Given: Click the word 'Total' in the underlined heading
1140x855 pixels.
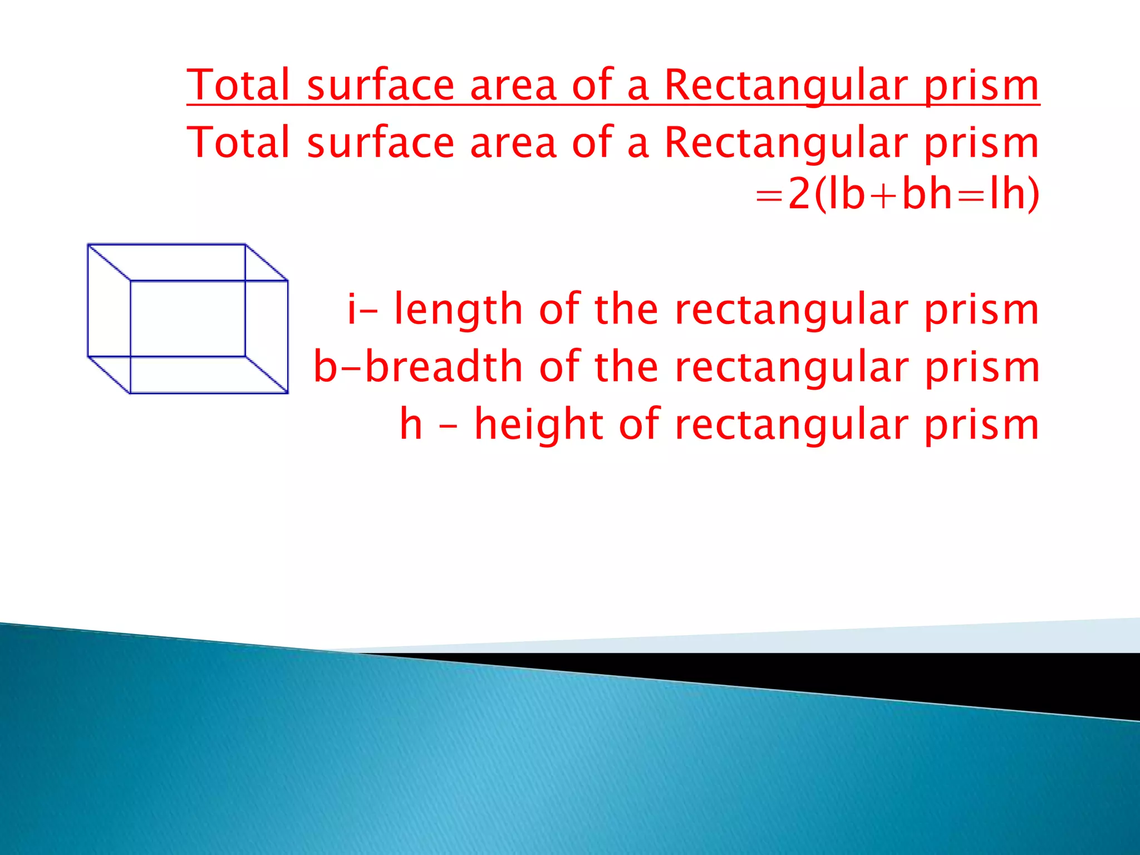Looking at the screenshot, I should (x=238, y=85).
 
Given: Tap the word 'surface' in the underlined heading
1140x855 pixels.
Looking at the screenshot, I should (x=381, y=85).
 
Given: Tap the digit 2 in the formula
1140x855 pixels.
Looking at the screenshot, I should (x=799, y=194).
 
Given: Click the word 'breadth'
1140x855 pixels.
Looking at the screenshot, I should (x=444, y=367).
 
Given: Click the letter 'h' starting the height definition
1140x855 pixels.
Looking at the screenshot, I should (x=411, y=424).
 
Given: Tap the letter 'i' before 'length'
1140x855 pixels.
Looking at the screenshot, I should (x=352, y=309).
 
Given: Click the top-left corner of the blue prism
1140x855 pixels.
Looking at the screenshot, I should (x=89, y=245).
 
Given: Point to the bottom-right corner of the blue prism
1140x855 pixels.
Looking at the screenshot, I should (x=287, y=393).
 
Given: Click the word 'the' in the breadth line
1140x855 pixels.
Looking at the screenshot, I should (x=626, y=367).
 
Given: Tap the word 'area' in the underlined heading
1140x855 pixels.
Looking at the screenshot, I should (x=513, y=85).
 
